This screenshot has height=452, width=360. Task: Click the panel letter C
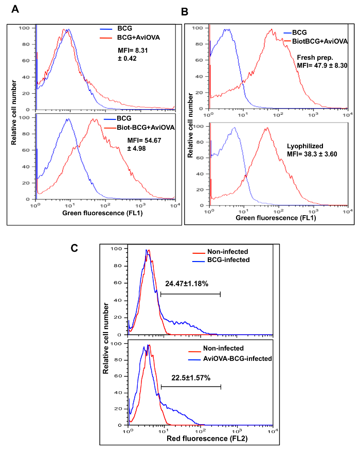pyautogui.click(x=74, y=248)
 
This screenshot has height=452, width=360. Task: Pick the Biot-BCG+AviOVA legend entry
pyautogui.click(x=138, y=127)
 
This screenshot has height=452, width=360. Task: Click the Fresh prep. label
pyautogui.click(x=314, y=56)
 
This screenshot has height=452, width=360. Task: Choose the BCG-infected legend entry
pyautogui.click(x=228, y=260)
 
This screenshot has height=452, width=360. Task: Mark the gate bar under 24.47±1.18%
pyautogui.click(x=190, y=294)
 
